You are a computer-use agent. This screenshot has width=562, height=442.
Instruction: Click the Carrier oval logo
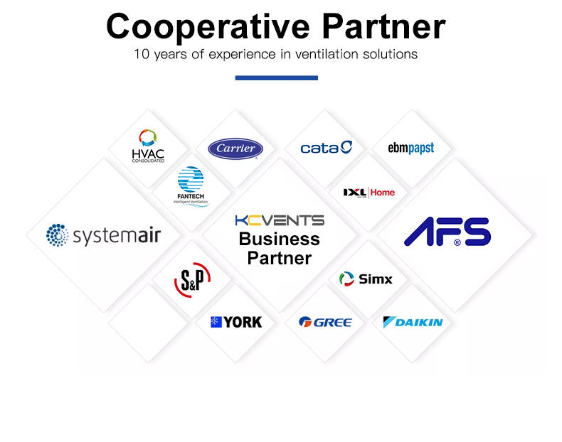pyautogui.click(x=235, y=149)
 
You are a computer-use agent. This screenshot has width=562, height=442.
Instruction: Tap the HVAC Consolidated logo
pyautogui.click(x=148, y=146)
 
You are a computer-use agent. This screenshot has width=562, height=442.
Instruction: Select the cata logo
pyautogui.click(x=327, y=148)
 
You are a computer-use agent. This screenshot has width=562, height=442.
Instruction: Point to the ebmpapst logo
pyautogui.click(x=410, y=148)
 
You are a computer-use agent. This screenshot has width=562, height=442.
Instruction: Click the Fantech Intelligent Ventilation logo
pyautogui.click(x=191, y=186)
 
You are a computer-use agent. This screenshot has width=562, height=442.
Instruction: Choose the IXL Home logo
pyautogui.click(x=369, y=192)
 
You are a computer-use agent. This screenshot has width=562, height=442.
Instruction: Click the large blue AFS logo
pyautogui.click(x=447, y=232)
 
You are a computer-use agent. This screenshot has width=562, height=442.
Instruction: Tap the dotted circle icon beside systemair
pyautogui.click(x=57, y=235)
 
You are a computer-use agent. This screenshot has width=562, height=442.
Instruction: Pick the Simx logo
pyautogui.click(x=366, y=279)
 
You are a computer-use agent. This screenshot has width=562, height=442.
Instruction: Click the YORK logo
pyautogui.click(x=235, y=322)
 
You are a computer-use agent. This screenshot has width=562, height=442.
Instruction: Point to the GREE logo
pyautogui.click(x=325, y=322)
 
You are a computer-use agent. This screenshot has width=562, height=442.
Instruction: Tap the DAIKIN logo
pyautogui.click(x=413, y=322)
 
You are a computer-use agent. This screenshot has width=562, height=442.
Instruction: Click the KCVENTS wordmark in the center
pyautogui.click(x=279, y=220)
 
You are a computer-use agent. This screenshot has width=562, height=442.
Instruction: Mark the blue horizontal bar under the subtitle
pyautogui.click(x=276, y=77)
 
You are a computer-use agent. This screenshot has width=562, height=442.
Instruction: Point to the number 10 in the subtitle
pyautogui.click(x=142, y=54)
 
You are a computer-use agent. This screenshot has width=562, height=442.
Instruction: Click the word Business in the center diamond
pyautogui.click(x=279, y=239)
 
